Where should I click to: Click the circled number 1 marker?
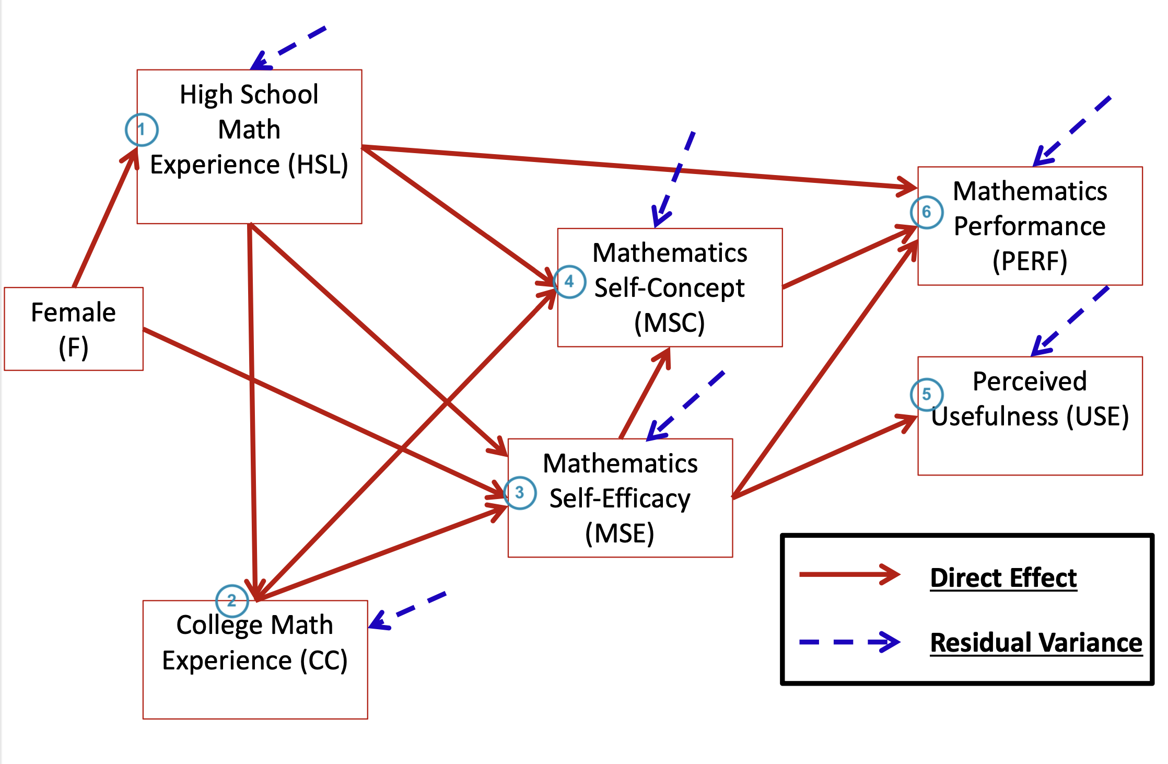[142, 130]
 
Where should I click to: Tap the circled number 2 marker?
[232, 600]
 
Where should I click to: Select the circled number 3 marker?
[520, 492]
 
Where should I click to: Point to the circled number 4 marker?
[569, 282]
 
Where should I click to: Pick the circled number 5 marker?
[927, 394]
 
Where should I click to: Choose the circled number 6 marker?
[927, 212]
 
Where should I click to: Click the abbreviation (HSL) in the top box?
[318, 165]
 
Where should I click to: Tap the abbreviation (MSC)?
[669, 322]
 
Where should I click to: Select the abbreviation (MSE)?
[620, 534]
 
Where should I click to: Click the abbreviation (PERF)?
[1030, 261]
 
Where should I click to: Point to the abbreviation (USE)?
[1097, 416]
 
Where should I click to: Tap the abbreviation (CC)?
[323, 661]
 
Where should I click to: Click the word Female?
[73, 312]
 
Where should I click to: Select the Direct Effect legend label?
[1003, 578]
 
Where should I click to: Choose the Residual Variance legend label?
[1036, 643]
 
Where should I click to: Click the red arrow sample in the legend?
[849, 574]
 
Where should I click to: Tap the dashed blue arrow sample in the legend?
[849, 642]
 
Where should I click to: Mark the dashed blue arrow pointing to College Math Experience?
[407, 610]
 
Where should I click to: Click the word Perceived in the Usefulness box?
[1029, 381]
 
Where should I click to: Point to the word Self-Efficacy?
[620, 499]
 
